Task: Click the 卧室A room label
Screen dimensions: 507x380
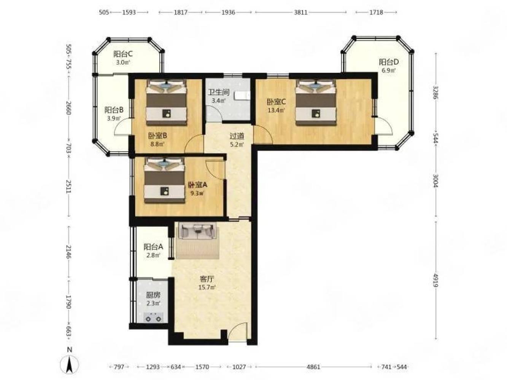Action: click(198, 185)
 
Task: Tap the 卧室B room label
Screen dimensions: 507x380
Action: click(157, 136)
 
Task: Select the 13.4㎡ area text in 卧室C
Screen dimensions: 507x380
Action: click(276, 110)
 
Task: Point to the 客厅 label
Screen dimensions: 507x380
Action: click(207, 279)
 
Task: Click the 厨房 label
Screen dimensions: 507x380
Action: click(153, 295)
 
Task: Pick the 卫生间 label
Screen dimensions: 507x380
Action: click(218, 92)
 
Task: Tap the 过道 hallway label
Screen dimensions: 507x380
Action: click(237, 136)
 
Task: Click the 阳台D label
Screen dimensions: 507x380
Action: click(389, 62)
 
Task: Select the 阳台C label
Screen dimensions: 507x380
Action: click(123, 54)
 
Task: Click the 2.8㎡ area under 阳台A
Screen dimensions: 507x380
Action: click(153, 255)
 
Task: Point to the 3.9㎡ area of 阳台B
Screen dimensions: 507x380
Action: click(114, 118)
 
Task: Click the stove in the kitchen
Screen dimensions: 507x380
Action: click(153, 317)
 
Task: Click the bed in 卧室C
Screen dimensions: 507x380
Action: click(316, 103)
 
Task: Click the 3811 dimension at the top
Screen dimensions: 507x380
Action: click(300, 12)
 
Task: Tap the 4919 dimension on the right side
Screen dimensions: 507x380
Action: click(435, 280)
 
